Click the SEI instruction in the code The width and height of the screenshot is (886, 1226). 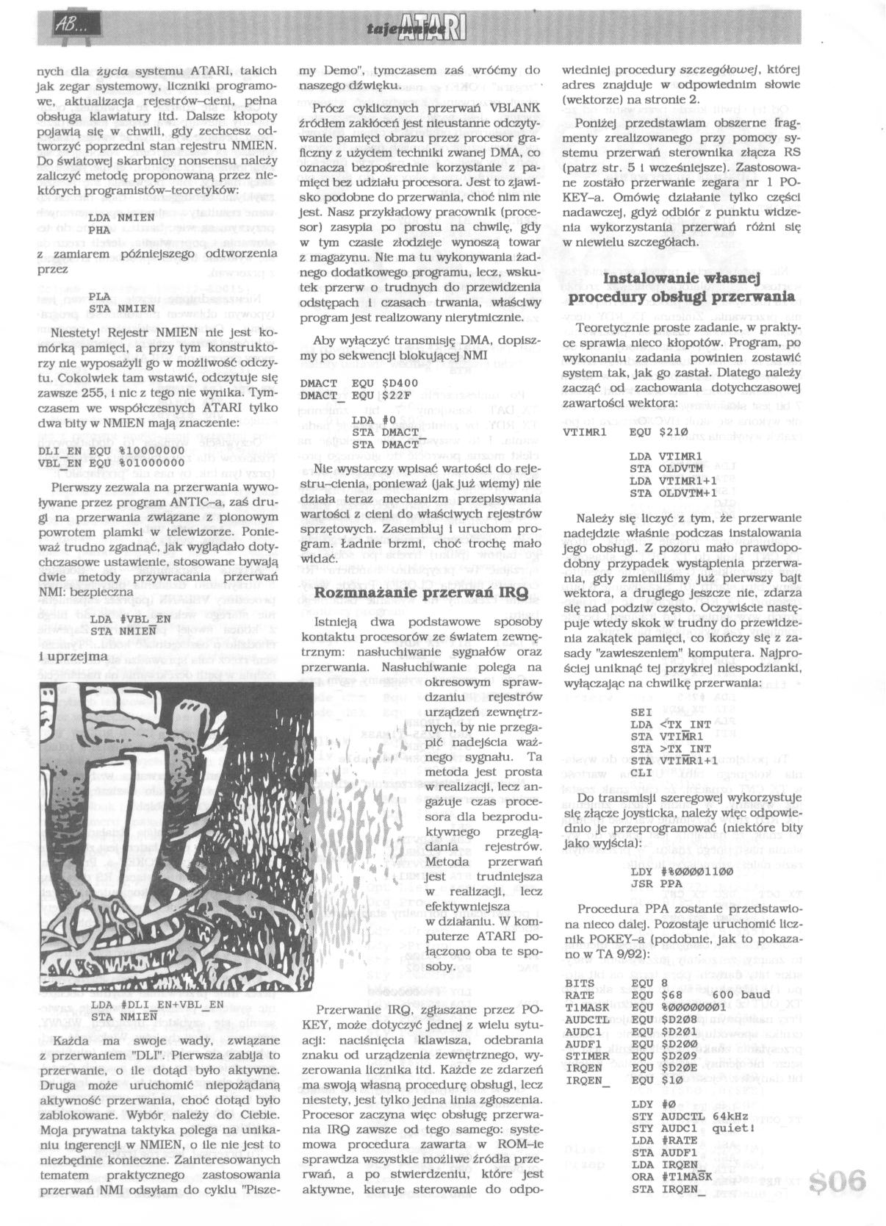point(641,712)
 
